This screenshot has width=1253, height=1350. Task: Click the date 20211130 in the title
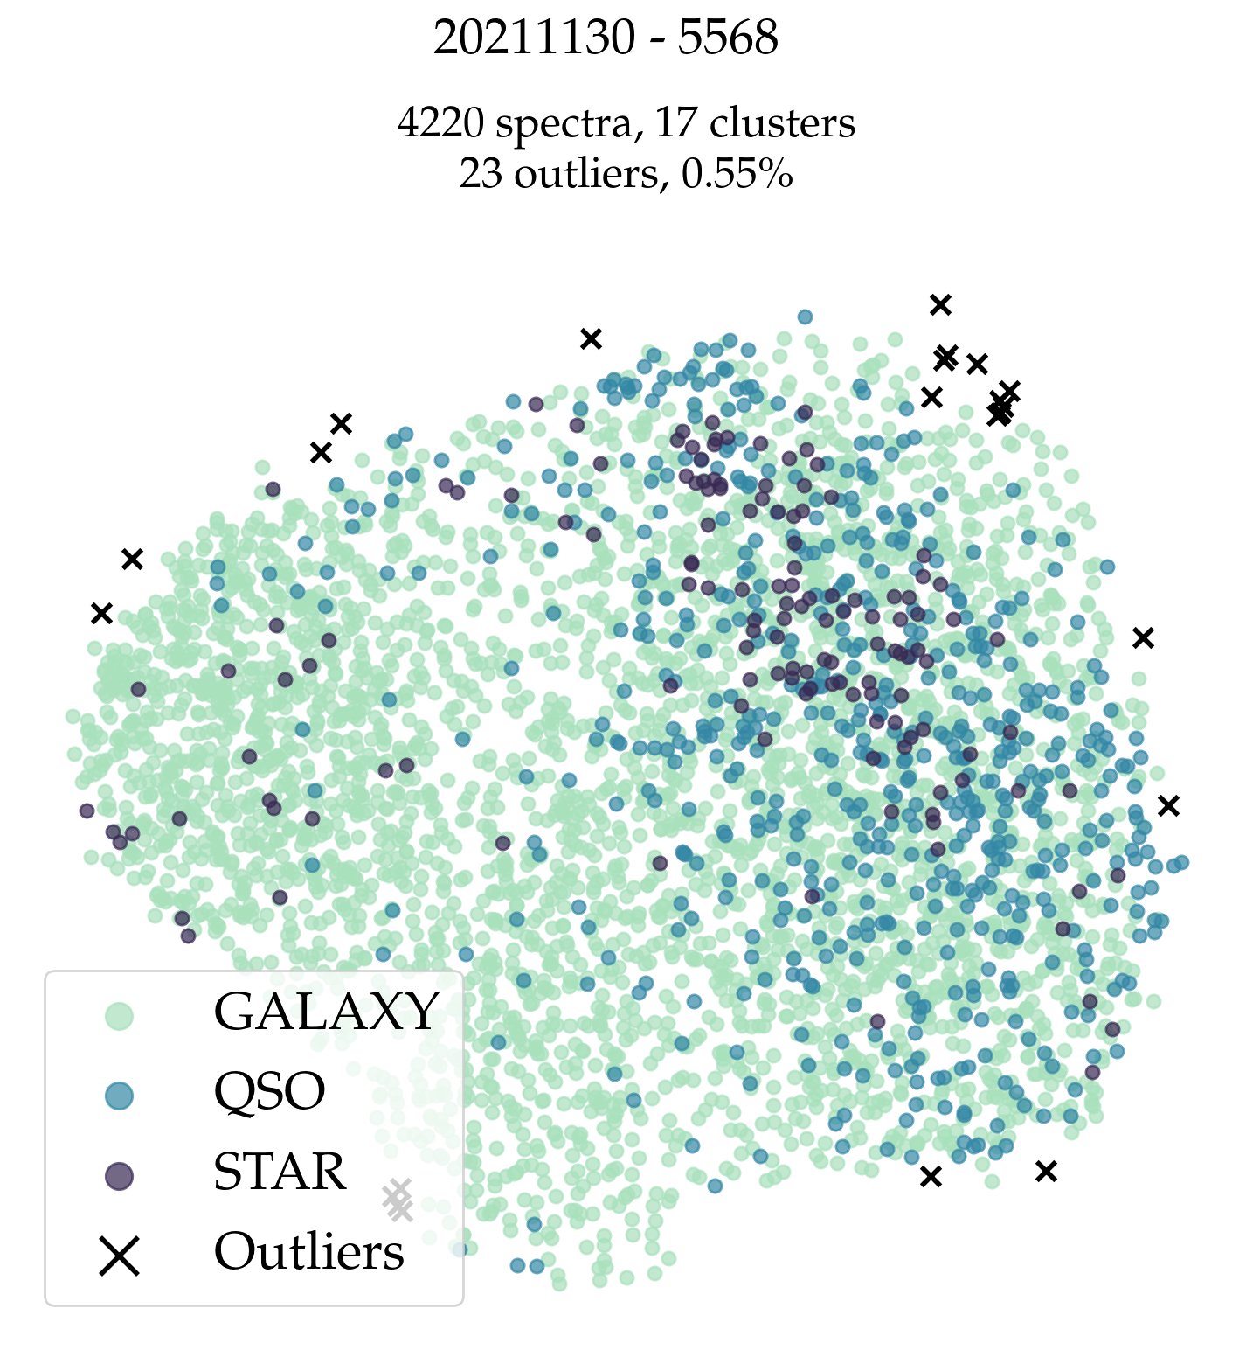[534, 38]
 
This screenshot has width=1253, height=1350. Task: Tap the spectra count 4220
[440, 123]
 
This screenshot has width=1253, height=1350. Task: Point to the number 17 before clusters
[676, 123]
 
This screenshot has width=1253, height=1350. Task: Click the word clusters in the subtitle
[782, 123]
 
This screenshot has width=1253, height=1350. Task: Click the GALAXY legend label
[326, 1012]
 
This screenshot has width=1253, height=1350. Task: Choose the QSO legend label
[269, 1092]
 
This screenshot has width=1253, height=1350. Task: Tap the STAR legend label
[280, 1173]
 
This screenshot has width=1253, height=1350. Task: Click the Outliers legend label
[309, 1252]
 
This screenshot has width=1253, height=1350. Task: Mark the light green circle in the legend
[119, 1016]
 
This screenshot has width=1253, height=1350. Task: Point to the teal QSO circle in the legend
[119, 1096]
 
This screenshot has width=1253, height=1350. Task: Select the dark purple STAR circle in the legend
[119, 1176]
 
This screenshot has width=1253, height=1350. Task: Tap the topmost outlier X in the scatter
[940, 304]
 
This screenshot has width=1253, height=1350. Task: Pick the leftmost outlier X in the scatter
[102, 614]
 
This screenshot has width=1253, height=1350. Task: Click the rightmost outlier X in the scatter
[1168, 806]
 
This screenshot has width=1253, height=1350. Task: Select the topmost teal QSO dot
[805, 317]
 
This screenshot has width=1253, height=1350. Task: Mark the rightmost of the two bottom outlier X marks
[1046, 1172]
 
